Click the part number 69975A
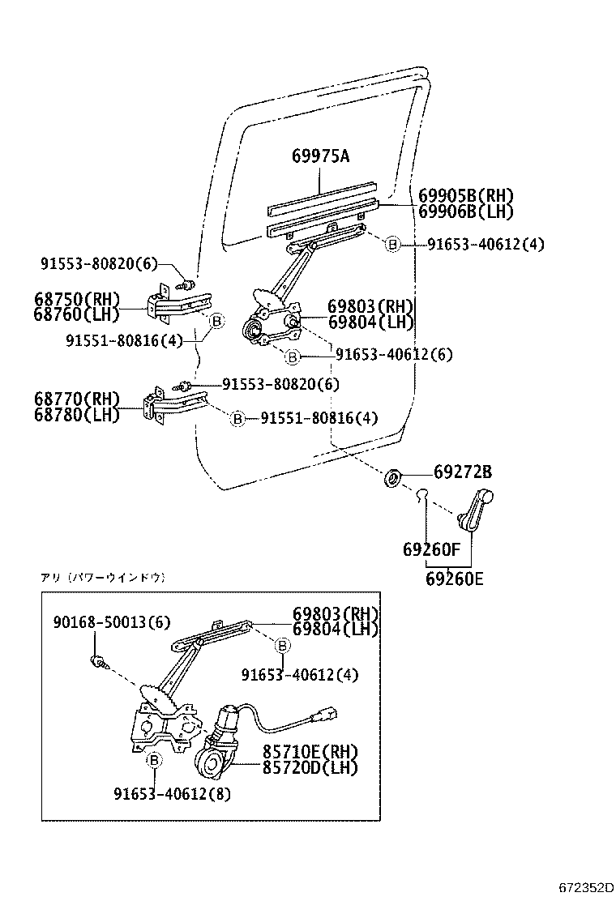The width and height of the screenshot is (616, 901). [x=320, y=156]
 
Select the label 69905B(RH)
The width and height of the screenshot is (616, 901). [x=466, y=196]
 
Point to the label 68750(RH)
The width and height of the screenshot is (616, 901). [x=77, y=300]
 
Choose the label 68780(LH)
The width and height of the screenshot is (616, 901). [x=77, y=415]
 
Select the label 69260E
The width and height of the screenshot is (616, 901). [x=454, y=579]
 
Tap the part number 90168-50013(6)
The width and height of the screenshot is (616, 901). [x=112, y=621]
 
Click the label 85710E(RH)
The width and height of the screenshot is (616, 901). [x=309, y=753]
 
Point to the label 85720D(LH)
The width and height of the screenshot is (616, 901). [x=309, y=766]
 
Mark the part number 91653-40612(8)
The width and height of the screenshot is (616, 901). [x=172, y=794]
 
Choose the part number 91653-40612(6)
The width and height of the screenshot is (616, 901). [x=394, y=355]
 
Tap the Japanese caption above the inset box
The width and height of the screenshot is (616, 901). [x=103, y=578]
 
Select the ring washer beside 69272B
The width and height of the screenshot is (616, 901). [x=392, y=476]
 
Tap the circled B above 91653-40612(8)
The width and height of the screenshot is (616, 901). [x=154, y=760]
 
